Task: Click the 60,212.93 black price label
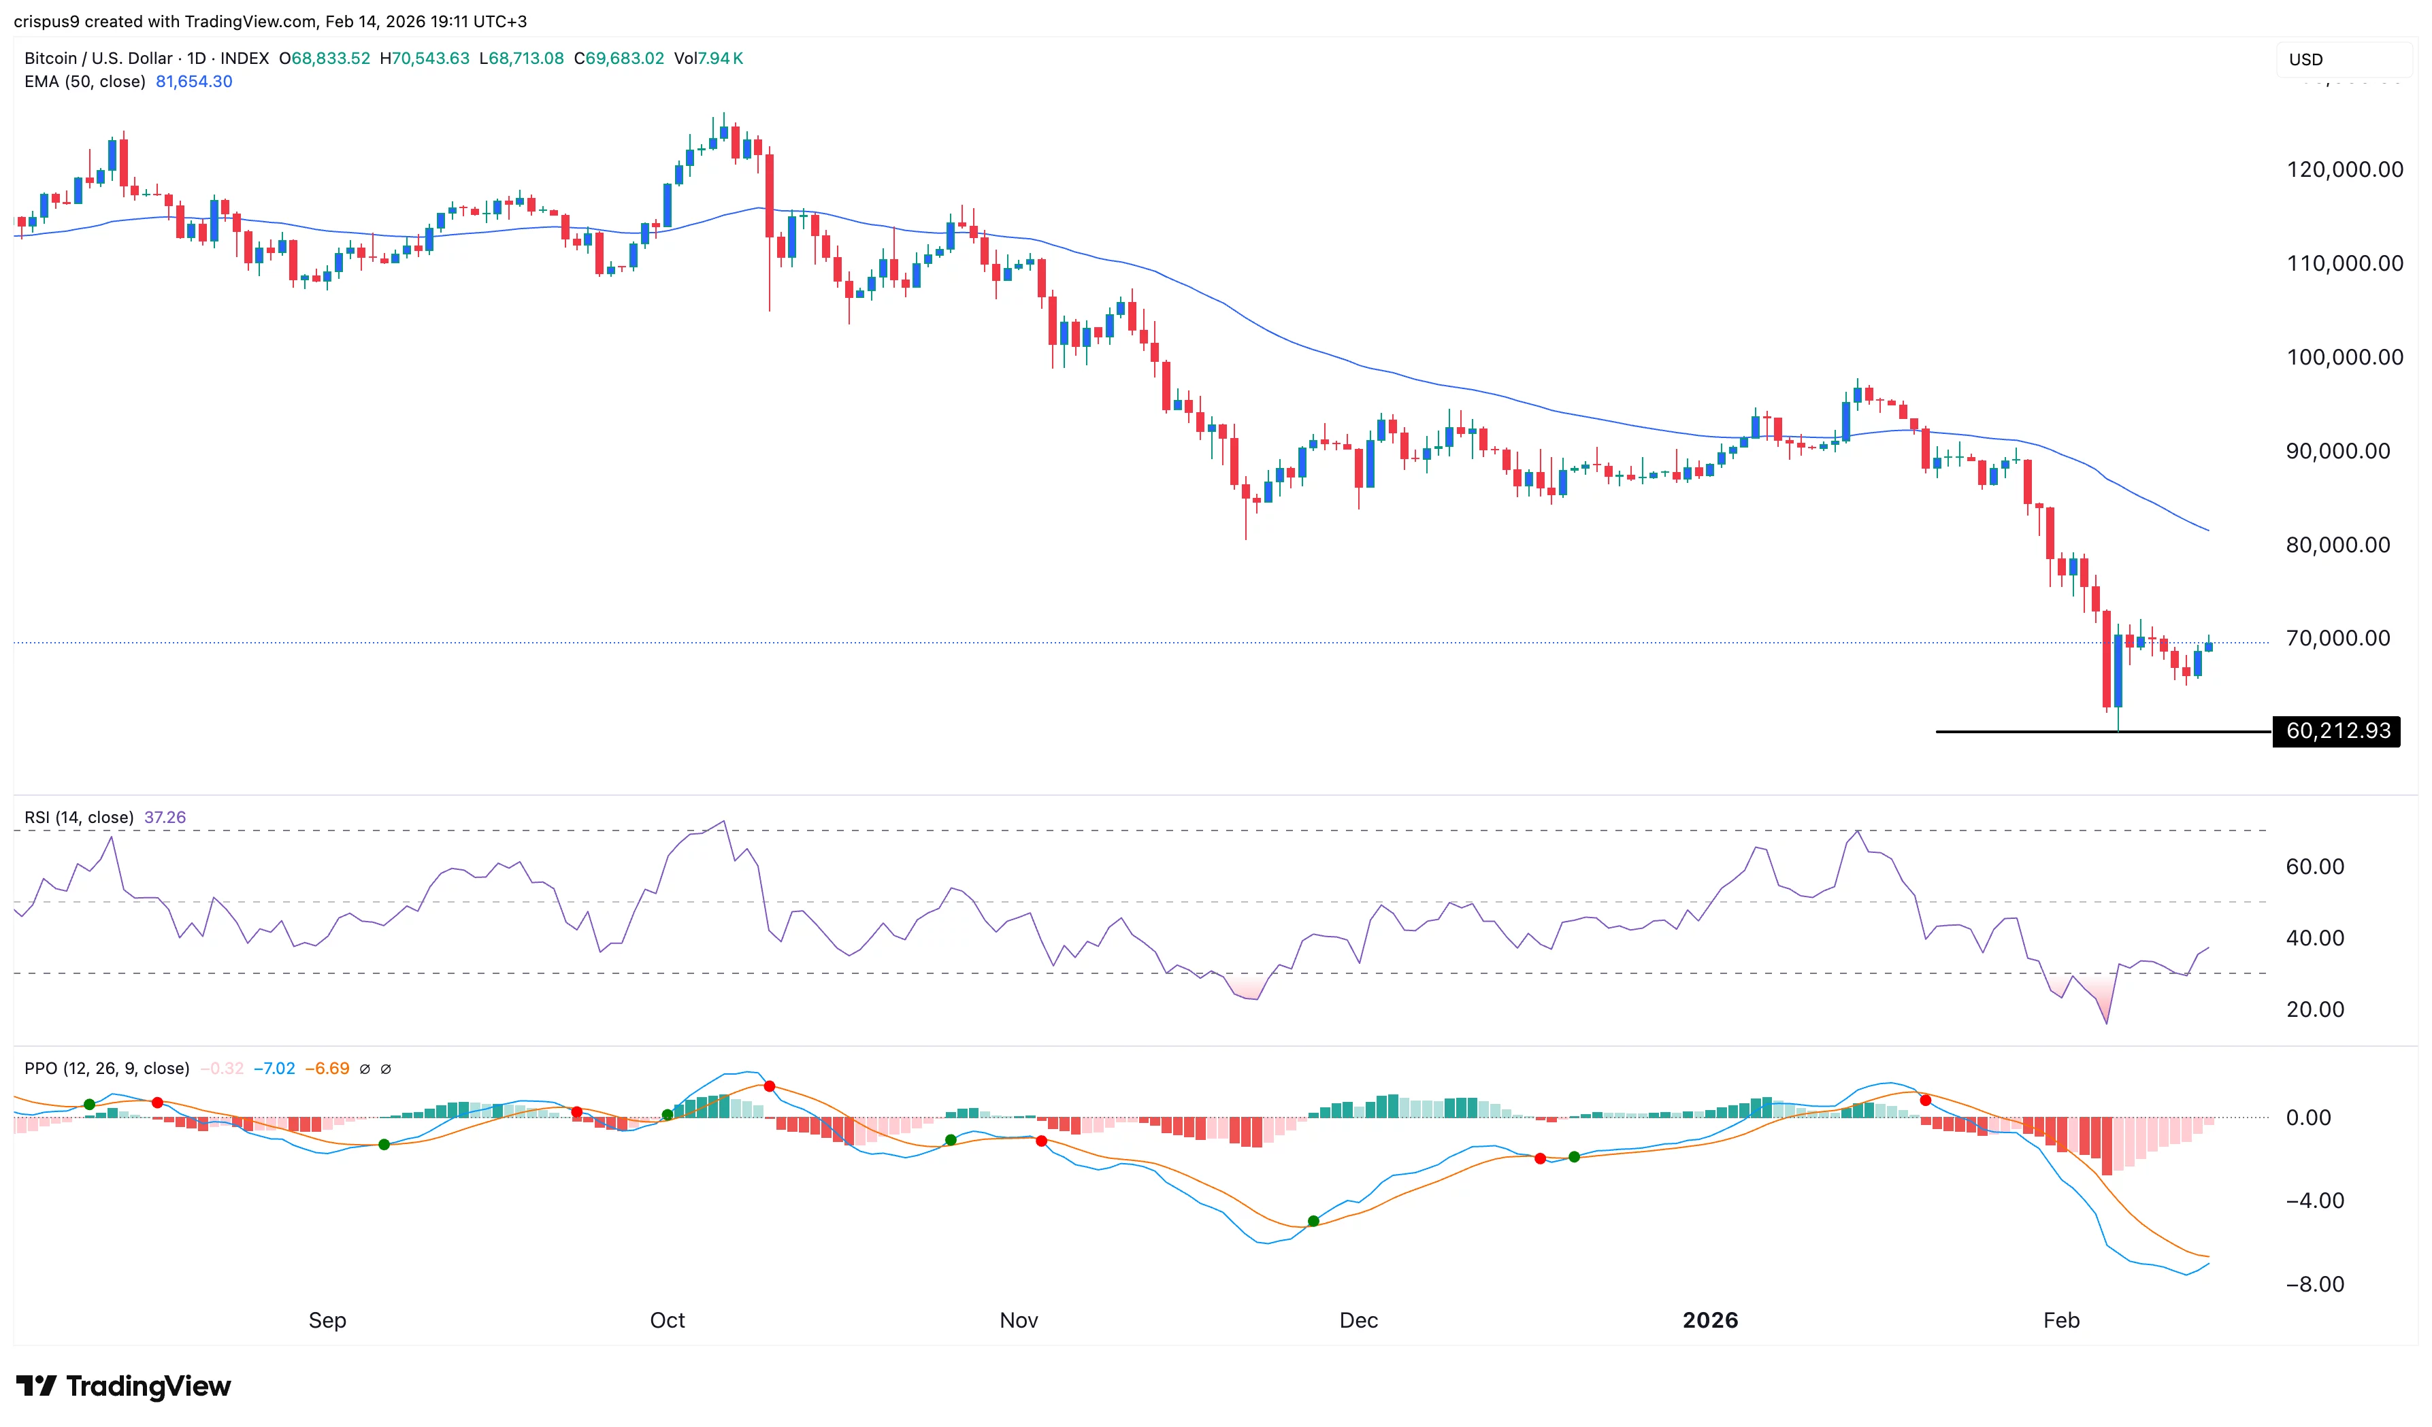point(2337,731)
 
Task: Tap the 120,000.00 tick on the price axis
point(2344,170)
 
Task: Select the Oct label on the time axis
point(667,1320)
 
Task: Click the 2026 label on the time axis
point(1709,1320)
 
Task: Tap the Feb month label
point(2060,1320)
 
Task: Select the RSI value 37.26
point(165,817)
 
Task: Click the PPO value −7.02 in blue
point(274,1068)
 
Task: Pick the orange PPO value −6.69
point(327,1068)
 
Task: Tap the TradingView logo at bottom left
point(124,1386)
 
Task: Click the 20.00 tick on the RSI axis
point(2314,1009)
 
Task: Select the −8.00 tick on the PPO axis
point(2314,1284)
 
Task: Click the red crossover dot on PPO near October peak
point(769,1086)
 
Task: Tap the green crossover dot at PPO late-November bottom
point(1313,1222)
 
